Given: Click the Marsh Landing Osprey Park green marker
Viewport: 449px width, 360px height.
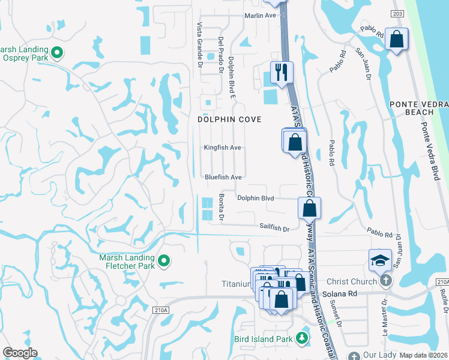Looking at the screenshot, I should click(58, 53).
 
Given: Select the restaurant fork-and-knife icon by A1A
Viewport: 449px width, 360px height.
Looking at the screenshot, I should click(282, 73).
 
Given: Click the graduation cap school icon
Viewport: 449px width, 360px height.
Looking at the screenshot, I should click(379, 260).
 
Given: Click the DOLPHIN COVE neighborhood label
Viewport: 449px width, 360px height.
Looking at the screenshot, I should click(230, 119).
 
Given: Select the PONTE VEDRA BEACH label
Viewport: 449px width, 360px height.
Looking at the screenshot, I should click(418, 108).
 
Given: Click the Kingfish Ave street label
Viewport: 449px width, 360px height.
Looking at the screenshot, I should click(222, 148).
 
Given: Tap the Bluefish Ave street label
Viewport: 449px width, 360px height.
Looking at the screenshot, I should click(223, 178).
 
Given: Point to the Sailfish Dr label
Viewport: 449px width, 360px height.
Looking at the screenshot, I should click(274, 229).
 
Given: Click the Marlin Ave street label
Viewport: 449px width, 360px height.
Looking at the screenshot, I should click(260, 16).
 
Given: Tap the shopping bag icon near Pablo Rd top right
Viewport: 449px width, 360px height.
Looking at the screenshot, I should click(396, 40).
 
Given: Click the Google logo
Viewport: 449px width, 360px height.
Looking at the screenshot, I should click(20, 353).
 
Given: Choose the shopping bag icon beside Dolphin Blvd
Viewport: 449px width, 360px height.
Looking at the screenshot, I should click(309, 208).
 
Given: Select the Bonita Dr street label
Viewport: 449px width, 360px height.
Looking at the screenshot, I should click(221, 208).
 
